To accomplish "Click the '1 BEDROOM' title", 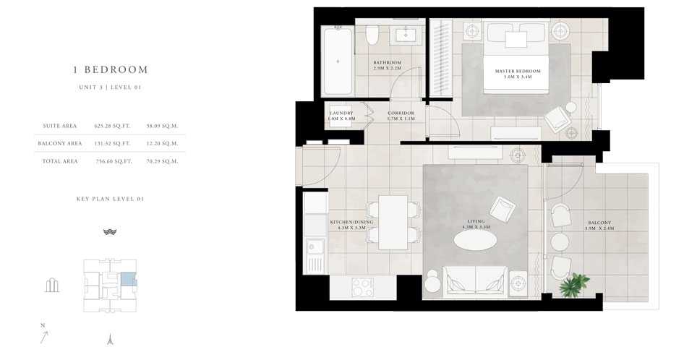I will [111, 70].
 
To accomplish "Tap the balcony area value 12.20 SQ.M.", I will [162, 143].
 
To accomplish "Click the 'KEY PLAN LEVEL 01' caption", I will [110, 198].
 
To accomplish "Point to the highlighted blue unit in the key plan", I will [127, 280].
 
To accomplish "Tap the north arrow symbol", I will [45, 335].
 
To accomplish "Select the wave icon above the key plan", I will [110, 232].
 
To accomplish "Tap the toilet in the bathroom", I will [372, 36].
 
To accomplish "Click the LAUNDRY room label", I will [341, 116].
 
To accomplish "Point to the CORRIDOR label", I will [401, 116].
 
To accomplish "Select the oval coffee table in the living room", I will [476, 240].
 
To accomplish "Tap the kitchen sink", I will [315, 254].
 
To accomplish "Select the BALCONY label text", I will [599, 224].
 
